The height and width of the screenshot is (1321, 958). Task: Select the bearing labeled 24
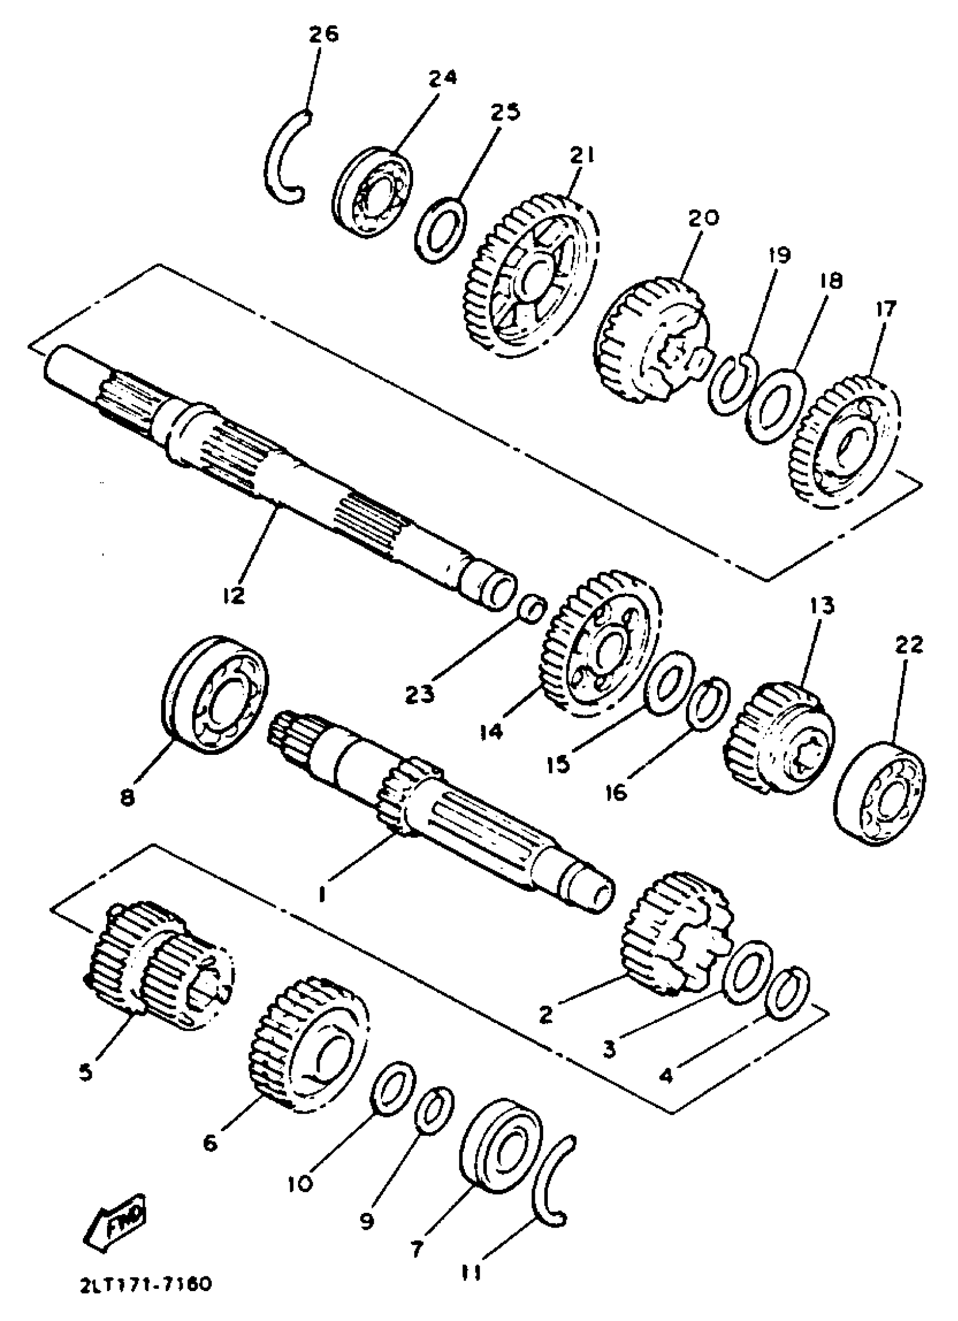(373, 192)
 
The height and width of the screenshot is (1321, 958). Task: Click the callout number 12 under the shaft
(234, 596)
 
